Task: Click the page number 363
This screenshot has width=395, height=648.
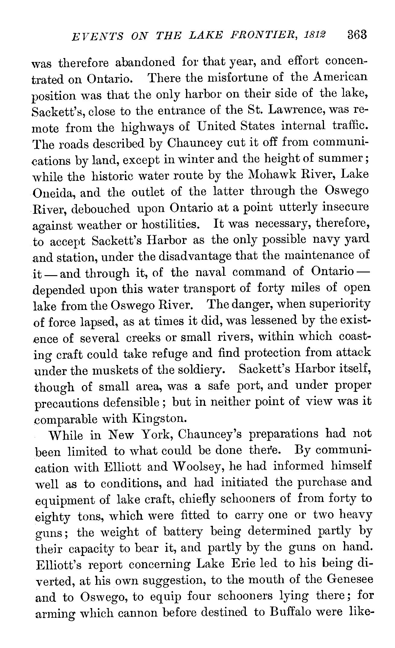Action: [x=357, y=34]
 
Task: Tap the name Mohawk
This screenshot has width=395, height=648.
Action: [x=270, y=175]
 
